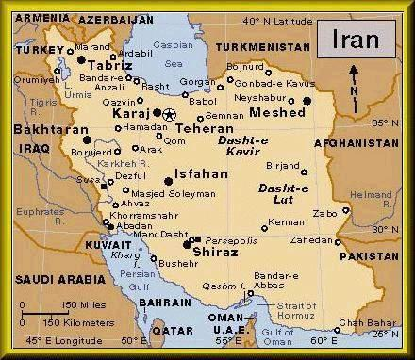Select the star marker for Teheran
(169, 114)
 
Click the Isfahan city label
(202, 174)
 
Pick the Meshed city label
(277, 113)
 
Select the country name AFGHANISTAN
(362, 144)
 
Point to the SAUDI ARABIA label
(58, 280)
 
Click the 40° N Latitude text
(277, 21)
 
